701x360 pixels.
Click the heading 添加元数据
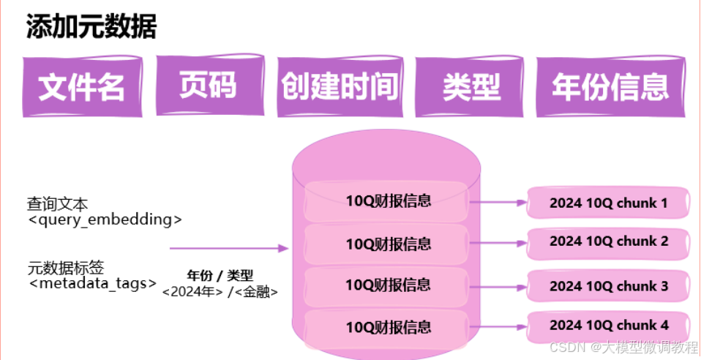91,27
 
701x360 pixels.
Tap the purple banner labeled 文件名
82,86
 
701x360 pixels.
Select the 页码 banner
208,85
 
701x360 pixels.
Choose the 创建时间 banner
340,86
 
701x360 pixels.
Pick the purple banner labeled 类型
471,87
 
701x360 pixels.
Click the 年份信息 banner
610,86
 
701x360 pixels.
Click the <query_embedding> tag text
104,219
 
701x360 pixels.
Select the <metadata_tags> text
92,283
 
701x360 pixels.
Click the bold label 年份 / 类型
220,276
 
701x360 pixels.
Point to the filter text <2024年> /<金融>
220,291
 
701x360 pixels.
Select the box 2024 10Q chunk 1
609,202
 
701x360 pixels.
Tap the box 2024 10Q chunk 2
609,241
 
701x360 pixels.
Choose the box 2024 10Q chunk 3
609,285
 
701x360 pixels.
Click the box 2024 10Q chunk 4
609,325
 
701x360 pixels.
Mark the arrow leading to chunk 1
498,202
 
